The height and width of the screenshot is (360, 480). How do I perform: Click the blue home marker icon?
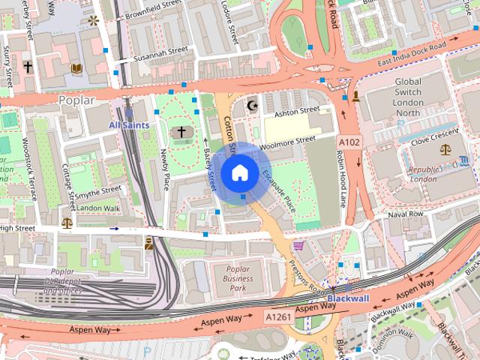tap(239, 172)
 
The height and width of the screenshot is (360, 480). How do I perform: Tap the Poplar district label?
tap(76, 100)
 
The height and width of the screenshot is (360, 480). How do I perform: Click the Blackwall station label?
tap(347, 298)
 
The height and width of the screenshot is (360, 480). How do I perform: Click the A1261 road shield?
tap(278, 318)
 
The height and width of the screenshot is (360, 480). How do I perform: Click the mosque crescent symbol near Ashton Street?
tap(253, 105)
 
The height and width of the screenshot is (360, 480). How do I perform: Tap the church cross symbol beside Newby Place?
tap(181, 133)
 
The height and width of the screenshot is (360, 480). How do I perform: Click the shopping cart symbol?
tap(299, 245)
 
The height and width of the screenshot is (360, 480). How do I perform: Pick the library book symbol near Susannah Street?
tap(76, 69)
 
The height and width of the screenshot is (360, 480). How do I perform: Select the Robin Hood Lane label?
tap(340, 179)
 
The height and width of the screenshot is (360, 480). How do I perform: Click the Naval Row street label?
tap(406, 214)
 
